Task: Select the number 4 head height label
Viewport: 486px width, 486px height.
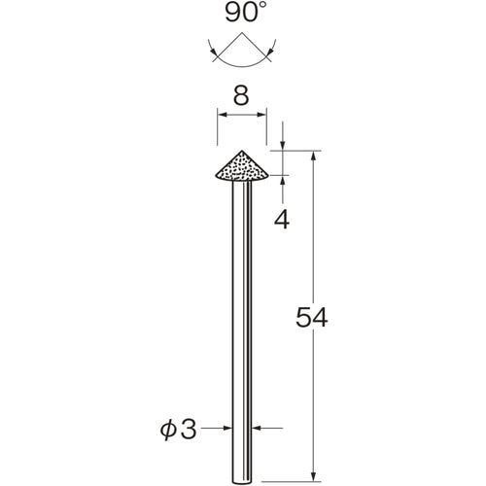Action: click(x=283, y=219)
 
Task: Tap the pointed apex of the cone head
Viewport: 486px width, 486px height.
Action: click(x=242, y=152)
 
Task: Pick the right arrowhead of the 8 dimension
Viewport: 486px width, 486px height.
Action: click(x=263, y=116)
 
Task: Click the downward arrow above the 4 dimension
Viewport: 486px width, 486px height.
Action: click(x=283, y=146)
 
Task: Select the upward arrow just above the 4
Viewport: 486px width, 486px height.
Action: click(x=283, y=181)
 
